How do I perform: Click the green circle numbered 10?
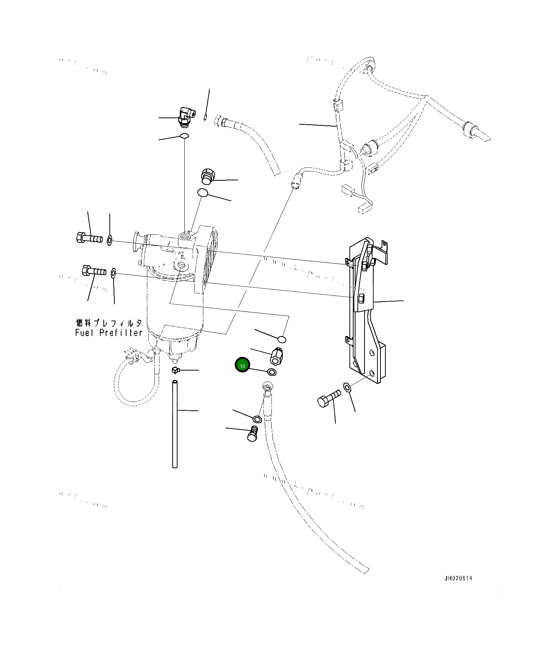(x=242, y=365)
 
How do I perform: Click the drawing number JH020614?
(x=458, y=578)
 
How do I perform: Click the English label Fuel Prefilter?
(x=109, y=333)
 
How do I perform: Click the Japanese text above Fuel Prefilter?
(x=109, y=323)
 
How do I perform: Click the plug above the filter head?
(x=207, y=177)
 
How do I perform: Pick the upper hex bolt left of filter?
(x=89, y=238)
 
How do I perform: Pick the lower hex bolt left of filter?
(x=94, y=271)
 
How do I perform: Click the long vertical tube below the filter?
(x=175, y=424)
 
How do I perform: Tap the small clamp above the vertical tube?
(x=175, y=370)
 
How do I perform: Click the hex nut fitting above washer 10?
(x=277, y=356)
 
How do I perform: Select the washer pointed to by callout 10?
(x=272, y=372)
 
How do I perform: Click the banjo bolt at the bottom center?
(x=254, y=434)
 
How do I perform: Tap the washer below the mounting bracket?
(x=347, y=386)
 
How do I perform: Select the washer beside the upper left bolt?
(x=109, y=240)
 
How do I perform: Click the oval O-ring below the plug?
(x=203, y=193)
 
